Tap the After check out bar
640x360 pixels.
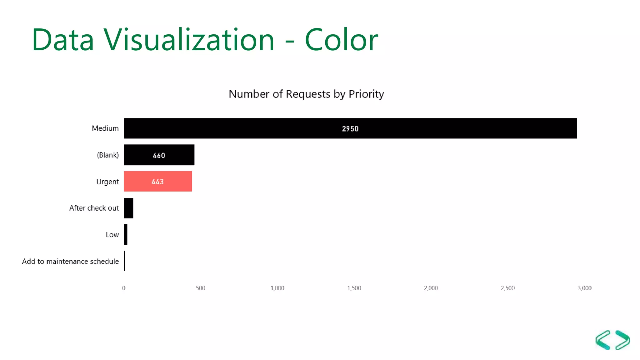pyautogui.click(x=128, y=208)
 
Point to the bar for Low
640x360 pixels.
pyautogui.click(x=126, y=234)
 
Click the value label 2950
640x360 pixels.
pyautogui.click(x=350, y=129)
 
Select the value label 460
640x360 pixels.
pyautogui.click(x=159, y=155)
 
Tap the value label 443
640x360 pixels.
pyautogui.click(x=157, y=182)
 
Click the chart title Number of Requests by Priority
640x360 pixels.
pyautogui.click(x=306, y=94)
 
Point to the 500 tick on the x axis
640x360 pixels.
pyautogui.click(x=200, y=288)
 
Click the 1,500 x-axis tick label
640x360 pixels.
pyautogui.click(x=354, y=288)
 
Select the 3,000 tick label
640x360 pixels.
pyautogui.click(x=584, y=288)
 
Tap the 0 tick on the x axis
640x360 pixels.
pyautogui.click(x=124, y=288)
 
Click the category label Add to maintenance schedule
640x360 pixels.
pyautogui.click(x=70, y=261)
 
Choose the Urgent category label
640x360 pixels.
pyautogui.click(x=107, y=182)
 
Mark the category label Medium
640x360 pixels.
pyautogui.click(x=105, y=128)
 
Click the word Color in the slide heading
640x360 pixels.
pyautogui.click(x=341, y=40)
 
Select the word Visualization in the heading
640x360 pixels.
pyautogui.click(x=189, y=40)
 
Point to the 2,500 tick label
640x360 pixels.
pyautogui.click(x=507, y=288)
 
